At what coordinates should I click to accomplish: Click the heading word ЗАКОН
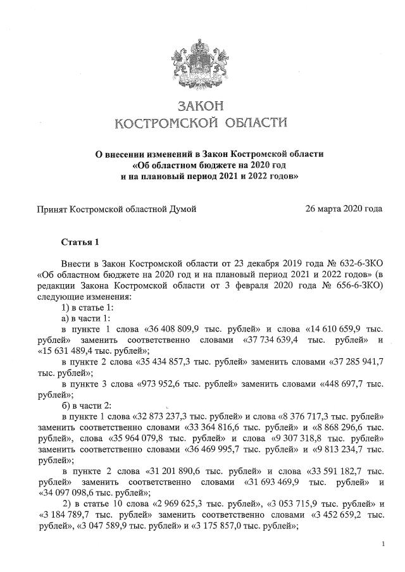(202, 104)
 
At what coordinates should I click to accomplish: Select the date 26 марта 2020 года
(344, 208)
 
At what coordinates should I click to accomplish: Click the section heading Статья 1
(80, 242)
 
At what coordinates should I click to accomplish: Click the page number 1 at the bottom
(383, 544)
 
